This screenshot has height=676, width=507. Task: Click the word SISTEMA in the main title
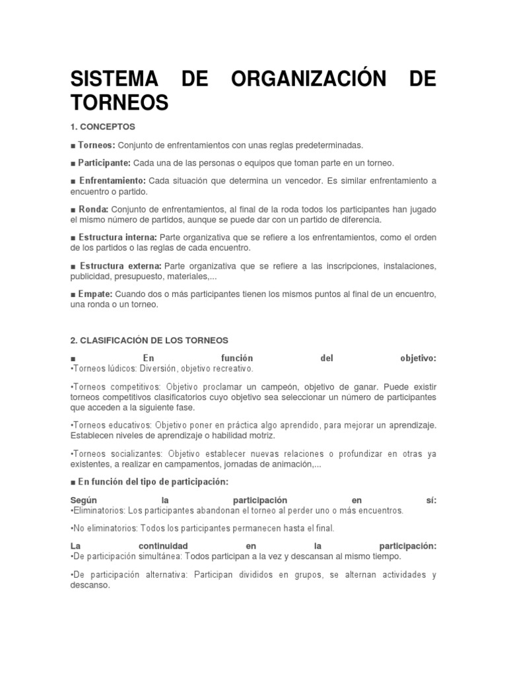click(x=115, y=79)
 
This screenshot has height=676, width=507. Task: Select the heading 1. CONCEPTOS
click(x=102, y=126)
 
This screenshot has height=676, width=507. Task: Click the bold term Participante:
click(x=101, y=162)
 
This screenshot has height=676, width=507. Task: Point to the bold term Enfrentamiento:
click(x=112, y=180)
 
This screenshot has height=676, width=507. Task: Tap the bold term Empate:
click(x=96, y=294)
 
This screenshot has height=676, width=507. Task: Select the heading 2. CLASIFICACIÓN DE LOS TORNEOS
click(x=149, y=340)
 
